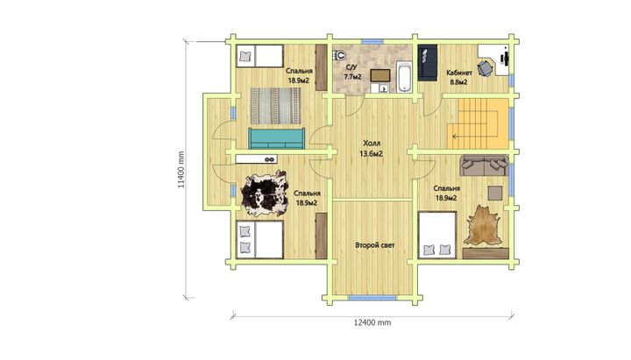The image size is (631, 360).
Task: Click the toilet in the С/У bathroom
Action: (340, 54)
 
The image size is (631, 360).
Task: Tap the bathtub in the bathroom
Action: (404, 77)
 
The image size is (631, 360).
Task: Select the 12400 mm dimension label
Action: (372, 322)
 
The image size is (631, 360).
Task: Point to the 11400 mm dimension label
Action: (181, 169)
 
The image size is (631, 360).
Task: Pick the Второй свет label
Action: (375, 245)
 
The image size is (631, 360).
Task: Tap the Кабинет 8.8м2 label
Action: (459, 77)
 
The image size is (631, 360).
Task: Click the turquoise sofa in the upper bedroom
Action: (276, 138)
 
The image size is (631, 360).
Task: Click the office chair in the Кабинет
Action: (485, 68)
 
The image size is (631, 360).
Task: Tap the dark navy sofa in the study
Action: (428, 62)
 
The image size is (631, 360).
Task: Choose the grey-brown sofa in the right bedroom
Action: (484, 166)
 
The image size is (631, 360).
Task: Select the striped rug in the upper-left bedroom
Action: (276, 105)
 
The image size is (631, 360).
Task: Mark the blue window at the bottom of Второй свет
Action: (372, 298)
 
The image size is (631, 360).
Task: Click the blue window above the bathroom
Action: (372, 41)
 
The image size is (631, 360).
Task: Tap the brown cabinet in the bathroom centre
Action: (380, 75)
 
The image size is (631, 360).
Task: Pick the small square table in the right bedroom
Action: (495, 193)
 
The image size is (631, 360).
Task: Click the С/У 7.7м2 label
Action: (352, 72)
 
